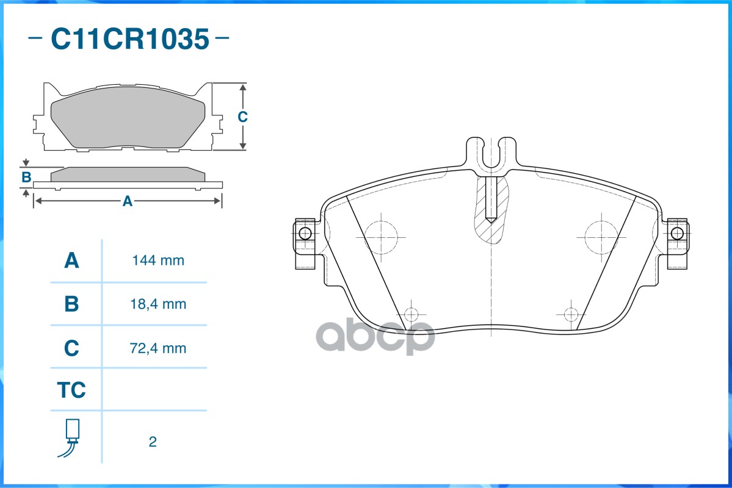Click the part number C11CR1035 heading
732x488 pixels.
[129, 39]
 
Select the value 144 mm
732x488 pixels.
[158, 261]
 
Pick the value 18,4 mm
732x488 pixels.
[158, 304]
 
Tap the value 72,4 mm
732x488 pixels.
[158, 348]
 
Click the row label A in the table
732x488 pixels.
[72, 261]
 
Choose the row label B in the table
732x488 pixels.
[72, 304]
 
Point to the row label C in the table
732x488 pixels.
[72, 348]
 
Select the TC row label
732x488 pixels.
[71, 390]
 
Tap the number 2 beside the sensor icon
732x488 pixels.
[153, 442]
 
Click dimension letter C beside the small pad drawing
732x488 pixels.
[242, 117]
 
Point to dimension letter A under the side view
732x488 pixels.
[128, 201]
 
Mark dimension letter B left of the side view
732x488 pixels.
[26, 178]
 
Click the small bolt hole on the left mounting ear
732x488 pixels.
[305, 234]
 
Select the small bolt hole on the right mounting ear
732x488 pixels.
[676, 234]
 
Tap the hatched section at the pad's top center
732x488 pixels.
[491, 210]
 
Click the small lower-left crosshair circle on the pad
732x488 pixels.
[411, 314]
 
